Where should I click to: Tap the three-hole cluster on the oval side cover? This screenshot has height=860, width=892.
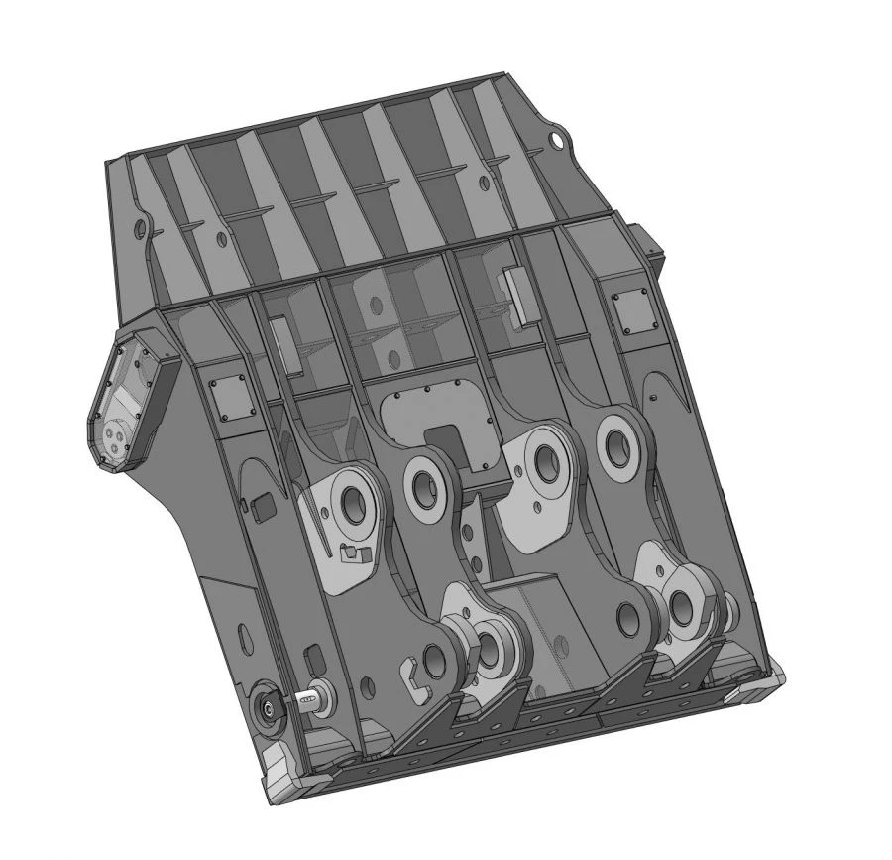point(118,437)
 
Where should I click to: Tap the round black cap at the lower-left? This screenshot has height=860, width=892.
point(268,706)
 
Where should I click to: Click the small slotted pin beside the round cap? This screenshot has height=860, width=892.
point(306,700)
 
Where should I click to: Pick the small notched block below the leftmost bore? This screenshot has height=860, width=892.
point(354,553)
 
